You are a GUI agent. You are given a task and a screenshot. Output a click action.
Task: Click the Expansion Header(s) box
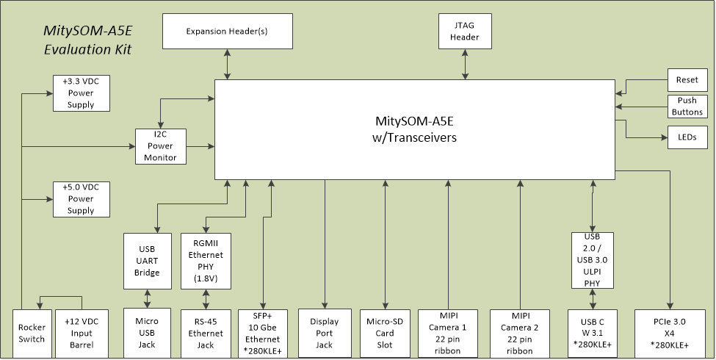pyautogui.click(x=227, y=32)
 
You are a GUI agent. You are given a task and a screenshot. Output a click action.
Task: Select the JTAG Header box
pyautogui.click(x=464, y=32)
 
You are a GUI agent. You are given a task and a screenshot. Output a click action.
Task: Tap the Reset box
pyautogui.click(x=687, y=79)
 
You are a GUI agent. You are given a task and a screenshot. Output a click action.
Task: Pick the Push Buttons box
pyautogui.click(x=687, y=107)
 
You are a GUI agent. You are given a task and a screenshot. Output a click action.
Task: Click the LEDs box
pyautogui.click(x=687, y=137)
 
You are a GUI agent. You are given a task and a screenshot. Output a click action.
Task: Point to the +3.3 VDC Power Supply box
pyautogui.click(x=81, y=93)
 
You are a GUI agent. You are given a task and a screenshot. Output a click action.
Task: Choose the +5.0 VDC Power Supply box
pyautogui.click(x=81, y=199)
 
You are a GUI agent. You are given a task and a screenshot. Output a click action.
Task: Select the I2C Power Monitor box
pyautogui.click(x=161, y=146)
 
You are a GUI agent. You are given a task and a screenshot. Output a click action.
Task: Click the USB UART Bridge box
pyautogui.click(x=148, y=260)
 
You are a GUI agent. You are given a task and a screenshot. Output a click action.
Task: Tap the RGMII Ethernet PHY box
pyautogui.click(x=206, y=260)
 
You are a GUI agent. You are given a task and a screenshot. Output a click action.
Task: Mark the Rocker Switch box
pyautogui.click(x=31, y=334)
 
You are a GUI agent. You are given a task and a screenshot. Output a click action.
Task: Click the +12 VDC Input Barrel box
pyautogui.click(x=81, y=334)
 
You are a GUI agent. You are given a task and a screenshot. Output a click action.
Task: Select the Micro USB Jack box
pyautogui.click(x=148, y=334)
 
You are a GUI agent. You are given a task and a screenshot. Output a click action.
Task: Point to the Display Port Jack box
pyautogui.click(x=324, y=334)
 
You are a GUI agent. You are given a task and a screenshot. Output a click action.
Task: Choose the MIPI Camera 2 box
pyautogui.click(x=520, y=334)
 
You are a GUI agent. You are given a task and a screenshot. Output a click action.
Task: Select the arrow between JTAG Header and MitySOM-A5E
pyautogui.click(x=465, y=65)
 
